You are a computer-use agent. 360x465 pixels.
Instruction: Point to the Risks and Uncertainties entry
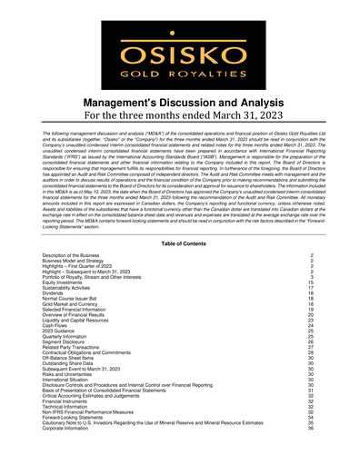point(69,373)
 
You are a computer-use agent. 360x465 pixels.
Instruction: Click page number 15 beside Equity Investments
point(311,283)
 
